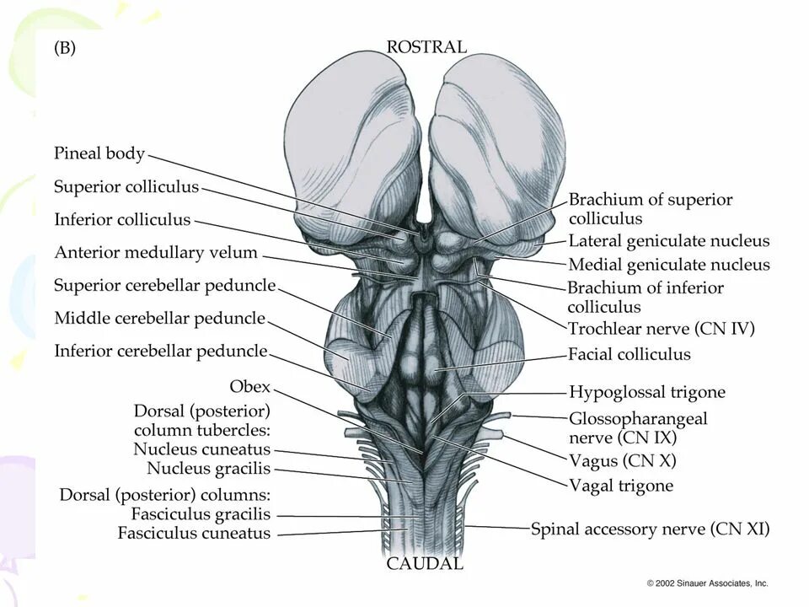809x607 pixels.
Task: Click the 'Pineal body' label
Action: (99, 153)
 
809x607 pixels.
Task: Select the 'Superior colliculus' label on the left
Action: (126, 186)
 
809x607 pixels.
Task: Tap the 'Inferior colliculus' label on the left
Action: (122, 219)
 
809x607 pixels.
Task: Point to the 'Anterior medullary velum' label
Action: (156, 252)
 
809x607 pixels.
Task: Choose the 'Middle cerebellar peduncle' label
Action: (159, 318)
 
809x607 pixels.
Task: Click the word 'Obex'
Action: (250, 386)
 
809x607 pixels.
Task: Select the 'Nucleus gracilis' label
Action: (208, 468)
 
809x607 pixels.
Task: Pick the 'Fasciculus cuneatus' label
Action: (194, 533)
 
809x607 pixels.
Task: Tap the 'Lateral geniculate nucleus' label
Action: (669, 241)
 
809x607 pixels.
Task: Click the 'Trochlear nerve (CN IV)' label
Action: (661, 328)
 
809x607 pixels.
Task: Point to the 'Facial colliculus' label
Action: (629, 354)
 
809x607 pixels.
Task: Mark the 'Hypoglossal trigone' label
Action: (646, 392)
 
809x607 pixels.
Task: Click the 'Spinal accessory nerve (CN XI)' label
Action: (650, 529)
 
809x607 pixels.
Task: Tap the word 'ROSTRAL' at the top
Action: (426, 47)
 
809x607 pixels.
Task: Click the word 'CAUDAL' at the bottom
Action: (425, 564)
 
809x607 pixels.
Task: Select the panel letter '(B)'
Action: (65, 48)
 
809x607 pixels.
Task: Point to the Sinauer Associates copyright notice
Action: (707, 583)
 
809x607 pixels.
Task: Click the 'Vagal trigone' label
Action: (621, 486)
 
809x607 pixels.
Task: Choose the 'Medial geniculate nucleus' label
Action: (669, 265)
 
